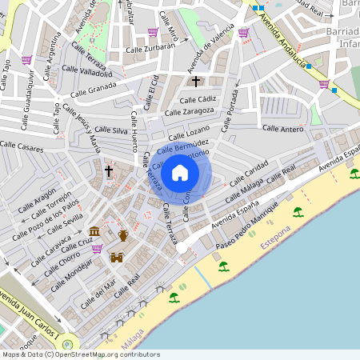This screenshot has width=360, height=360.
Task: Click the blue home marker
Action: pos(180,172)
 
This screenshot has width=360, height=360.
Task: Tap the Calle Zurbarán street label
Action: pos(151,47)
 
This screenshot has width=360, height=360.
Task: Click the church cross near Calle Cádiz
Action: pos(196,82)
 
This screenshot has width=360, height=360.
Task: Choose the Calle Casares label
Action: pos(22,147)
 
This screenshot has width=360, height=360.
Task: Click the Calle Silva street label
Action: pos(111,130)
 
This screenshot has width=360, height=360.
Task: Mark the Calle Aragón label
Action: pos(34,198)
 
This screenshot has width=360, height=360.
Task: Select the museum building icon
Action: pos(94,232)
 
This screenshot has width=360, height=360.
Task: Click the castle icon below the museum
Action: pos(117,258)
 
